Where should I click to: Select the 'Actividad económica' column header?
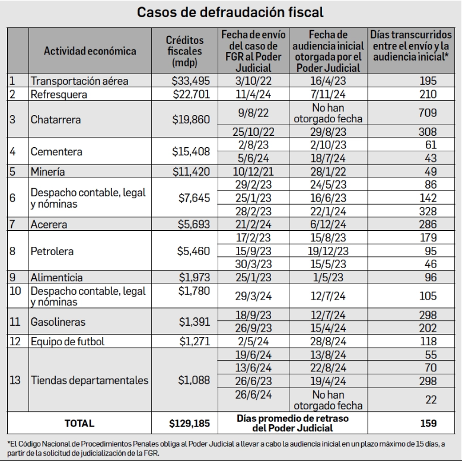pyautogui.click(x=90, y=51)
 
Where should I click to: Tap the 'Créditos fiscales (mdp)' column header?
pyautogui.click(x=185, y=51)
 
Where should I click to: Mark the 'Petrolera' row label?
pyautogui.click(x=53, y=251)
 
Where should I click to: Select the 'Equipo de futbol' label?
pyautogui.click(x=69, y=342)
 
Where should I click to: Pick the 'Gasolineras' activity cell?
pyautogui.click(x=58, y=323)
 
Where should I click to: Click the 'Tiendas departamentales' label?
pyautogui.click(x=89, y=380)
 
